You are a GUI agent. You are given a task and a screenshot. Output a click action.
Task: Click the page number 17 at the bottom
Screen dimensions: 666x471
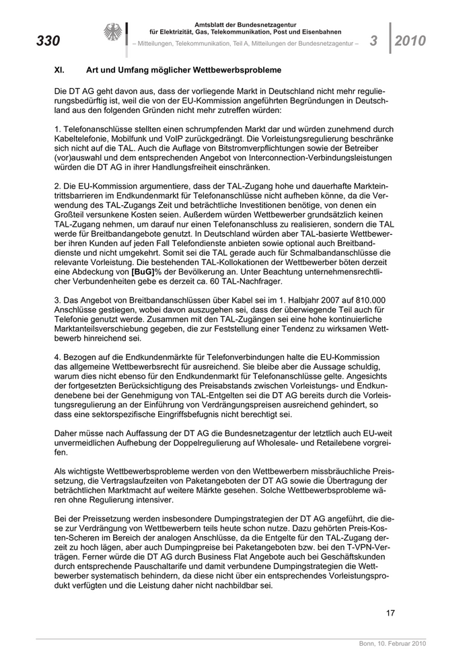click(x=390, y=612)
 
